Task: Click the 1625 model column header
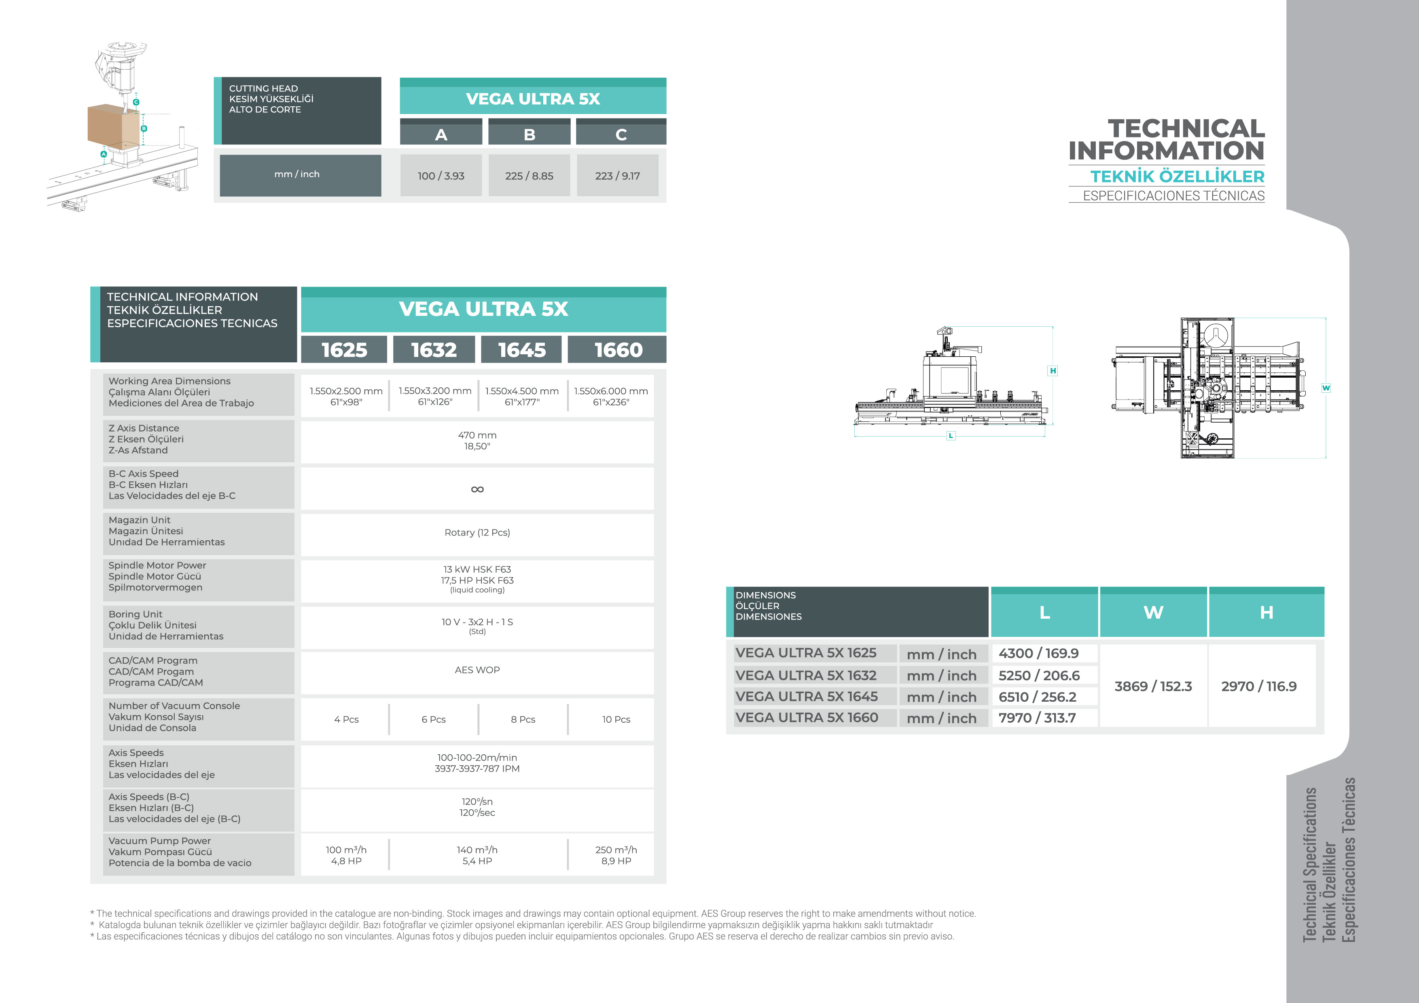(344, 350)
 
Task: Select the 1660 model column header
(618, 350)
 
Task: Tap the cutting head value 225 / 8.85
(529, 176)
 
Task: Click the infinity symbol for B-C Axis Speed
(477, 489)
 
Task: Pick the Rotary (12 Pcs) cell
(477, 533)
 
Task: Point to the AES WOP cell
(477, 670)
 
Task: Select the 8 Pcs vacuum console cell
(523, 719)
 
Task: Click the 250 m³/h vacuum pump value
(616, 855)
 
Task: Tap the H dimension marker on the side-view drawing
(1053, 371)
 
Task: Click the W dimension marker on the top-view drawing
(1326, 388)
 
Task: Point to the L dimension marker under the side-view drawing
(951, 436)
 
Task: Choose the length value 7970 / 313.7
(1037, 718)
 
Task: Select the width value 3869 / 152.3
(1153, 687)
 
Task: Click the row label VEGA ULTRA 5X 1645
(807, 696)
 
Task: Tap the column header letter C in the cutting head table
(621, 135)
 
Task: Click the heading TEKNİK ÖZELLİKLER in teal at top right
(1178, 177)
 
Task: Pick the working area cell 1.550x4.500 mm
(522, 396)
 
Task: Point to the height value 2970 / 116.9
(1259, 687)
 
